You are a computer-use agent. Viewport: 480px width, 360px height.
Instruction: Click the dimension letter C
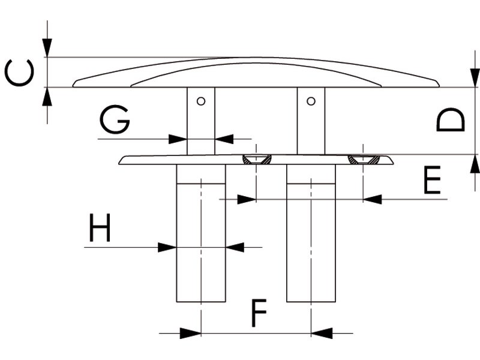(17, 73)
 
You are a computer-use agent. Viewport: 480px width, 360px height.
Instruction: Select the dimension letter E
(432, 181)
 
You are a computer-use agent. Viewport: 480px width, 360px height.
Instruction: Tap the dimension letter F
(258, 313)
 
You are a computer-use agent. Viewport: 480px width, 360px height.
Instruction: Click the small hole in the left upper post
(202, 101)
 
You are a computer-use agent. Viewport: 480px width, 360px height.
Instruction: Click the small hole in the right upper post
(311, 101)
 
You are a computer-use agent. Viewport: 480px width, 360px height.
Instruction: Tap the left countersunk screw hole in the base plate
(256, 160)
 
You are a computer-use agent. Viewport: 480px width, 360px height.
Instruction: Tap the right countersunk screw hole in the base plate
(364, 160)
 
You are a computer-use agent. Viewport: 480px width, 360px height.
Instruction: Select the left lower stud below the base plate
(201, 234)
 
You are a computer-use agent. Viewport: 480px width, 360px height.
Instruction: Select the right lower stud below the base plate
(311, 234)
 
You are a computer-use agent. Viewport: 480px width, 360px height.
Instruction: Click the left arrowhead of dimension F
(191, 333)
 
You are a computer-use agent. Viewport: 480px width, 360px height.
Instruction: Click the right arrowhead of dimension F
(321, 333)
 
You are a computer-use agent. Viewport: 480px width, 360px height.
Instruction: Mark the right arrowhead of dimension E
(373, 199)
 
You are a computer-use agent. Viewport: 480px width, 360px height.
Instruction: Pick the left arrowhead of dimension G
(178, 139)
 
